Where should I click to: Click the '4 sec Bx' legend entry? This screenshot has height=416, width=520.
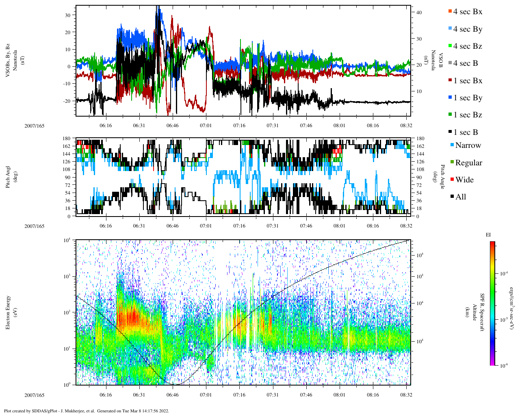tap(467, 12)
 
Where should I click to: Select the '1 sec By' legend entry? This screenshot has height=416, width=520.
tap(467, 98)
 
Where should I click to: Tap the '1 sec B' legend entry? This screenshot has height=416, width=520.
tap(465, 132)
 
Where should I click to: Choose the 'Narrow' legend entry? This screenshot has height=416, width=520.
tap(468, 145)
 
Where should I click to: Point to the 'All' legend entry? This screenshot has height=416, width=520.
tap(460, 197)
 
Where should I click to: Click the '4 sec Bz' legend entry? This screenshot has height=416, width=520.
tap(467, 46)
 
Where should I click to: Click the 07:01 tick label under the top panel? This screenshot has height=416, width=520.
tap(206, 126)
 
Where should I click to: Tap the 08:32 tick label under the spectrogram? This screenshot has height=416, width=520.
tap(406, 395)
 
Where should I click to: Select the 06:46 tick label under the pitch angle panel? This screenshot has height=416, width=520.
tap(172, 226)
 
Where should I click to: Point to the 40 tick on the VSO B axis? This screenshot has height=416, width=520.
tap(419, 13)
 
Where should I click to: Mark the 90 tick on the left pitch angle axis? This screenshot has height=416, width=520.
tap(67, 177)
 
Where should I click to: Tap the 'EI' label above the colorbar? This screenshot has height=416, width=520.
tap(488, 235)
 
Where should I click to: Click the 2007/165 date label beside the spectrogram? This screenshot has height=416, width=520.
tap(35, 395)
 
